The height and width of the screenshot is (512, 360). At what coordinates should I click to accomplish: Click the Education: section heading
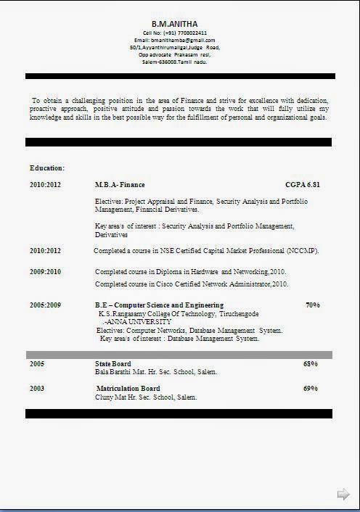(47, 168)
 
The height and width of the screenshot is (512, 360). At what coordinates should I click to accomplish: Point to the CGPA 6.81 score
(302, 185)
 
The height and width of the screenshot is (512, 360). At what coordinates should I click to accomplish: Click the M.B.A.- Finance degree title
(120, 185)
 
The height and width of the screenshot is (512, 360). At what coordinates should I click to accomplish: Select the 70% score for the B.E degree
(313, 305)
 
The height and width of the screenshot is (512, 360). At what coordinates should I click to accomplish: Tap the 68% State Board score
(311, 363)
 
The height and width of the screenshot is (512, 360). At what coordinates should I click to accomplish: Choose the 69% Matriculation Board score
(311, 389)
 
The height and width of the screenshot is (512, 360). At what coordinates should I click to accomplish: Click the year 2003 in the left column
(37, 389)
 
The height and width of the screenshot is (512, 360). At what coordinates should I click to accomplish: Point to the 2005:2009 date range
(45, 305)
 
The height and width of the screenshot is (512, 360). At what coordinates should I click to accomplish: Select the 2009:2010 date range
(45, 271)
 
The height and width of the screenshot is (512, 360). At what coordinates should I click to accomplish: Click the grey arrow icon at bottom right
(343, 494)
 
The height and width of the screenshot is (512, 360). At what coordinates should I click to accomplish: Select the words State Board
(112, 363)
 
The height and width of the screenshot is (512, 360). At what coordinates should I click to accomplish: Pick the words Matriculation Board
(128, 389)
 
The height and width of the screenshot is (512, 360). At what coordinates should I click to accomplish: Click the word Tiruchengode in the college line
(237, 313)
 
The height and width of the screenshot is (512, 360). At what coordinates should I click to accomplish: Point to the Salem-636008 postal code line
(174, 62)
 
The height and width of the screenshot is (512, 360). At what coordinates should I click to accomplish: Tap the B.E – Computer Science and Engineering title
(159, 305)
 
